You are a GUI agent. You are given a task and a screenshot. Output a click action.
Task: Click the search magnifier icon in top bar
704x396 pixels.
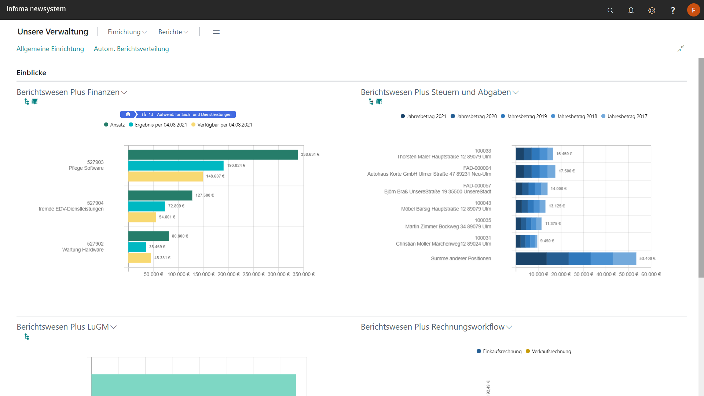(610, 10)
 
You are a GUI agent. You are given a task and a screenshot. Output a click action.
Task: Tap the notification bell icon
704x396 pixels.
(631, 10)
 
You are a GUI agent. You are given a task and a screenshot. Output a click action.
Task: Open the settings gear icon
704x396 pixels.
(652, 10)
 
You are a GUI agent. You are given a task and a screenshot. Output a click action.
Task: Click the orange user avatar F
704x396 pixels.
(693, 10)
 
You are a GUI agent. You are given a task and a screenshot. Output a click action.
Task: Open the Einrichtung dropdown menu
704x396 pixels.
(127, 32)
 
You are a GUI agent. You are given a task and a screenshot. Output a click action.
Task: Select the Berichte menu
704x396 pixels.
(173, 32)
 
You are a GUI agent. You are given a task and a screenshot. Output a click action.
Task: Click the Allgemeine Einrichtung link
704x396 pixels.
(50, 49)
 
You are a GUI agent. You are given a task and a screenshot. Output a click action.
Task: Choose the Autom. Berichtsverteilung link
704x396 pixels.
(131, 49)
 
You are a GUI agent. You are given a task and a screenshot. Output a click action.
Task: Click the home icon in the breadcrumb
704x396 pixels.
(128, 114)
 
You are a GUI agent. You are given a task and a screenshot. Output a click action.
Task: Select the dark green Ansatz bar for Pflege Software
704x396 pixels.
(213, 155)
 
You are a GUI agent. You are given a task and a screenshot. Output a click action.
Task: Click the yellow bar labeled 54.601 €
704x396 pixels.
(142, 217)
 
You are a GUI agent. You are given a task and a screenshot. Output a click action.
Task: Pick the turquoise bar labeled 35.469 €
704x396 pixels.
(137, 247)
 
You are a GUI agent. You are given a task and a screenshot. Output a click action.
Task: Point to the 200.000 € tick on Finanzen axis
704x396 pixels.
(228, 274)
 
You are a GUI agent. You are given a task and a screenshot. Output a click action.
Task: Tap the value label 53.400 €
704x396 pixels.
(647, 258)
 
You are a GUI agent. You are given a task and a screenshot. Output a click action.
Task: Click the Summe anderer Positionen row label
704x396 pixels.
(461, 258)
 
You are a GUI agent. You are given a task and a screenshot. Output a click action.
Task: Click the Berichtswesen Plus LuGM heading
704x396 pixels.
(63, 327)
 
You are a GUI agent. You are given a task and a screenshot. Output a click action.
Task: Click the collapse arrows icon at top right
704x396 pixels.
(681, 48)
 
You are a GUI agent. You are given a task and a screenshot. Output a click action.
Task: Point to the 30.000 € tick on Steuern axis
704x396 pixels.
(583, 274)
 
